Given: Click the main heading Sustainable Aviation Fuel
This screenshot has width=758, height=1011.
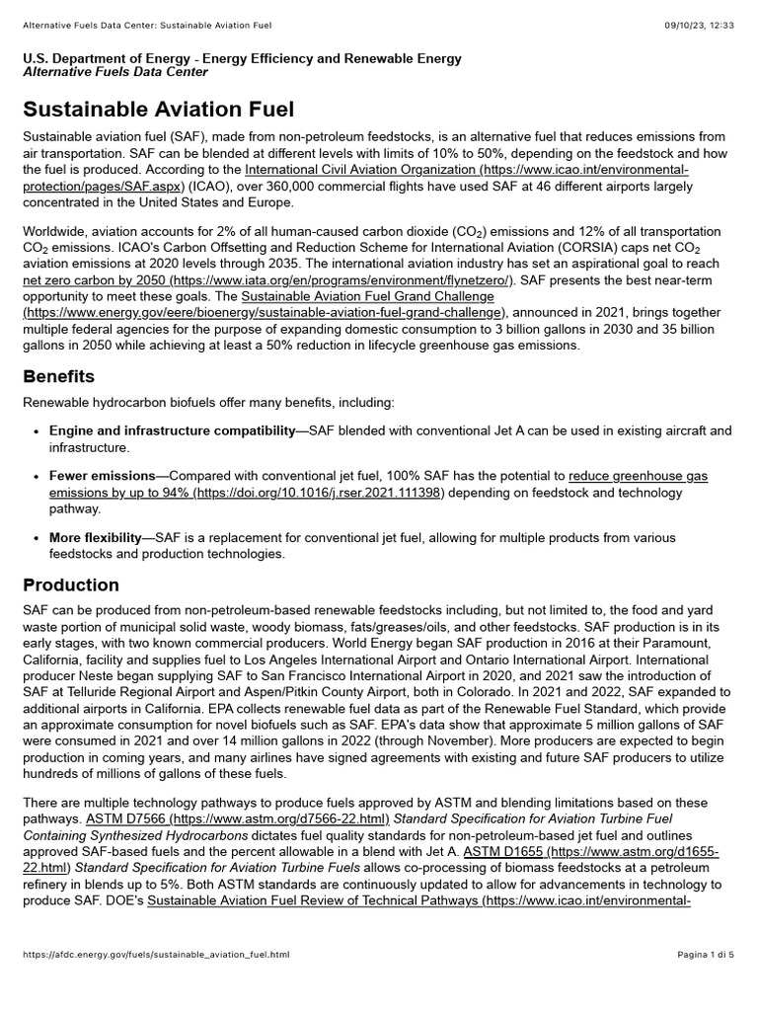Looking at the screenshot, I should (x=159, y=110).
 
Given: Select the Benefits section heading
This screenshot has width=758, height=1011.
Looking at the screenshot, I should (x=59, y=376).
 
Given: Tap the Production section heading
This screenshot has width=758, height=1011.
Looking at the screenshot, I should (x=71, y=584).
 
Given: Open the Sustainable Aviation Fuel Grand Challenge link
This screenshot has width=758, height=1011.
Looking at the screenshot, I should (x=367, y=297).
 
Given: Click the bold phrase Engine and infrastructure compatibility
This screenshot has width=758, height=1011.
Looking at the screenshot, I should (x=172, y=431).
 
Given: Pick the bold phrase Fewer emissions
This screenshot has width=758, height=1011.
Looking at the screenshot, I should (x=103, y=476).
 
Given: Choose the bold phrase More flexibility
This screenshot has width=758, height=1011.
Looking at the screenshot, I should (x=96, y=538).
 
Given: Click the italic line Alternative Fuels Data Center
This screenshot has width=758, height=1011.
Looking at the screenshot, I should (x=115, y=72).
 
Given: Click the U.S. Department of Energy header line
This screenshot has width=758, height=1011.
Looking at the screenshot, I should (x=242, y=58).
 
